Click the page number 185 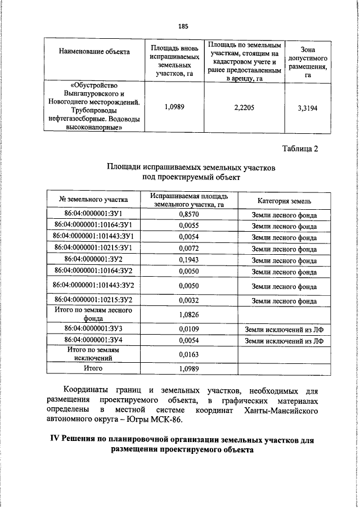click(x=183, y=26)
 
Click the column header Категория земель click(x=284, y=200)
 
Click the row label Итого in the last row click(x=93, y=369)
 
